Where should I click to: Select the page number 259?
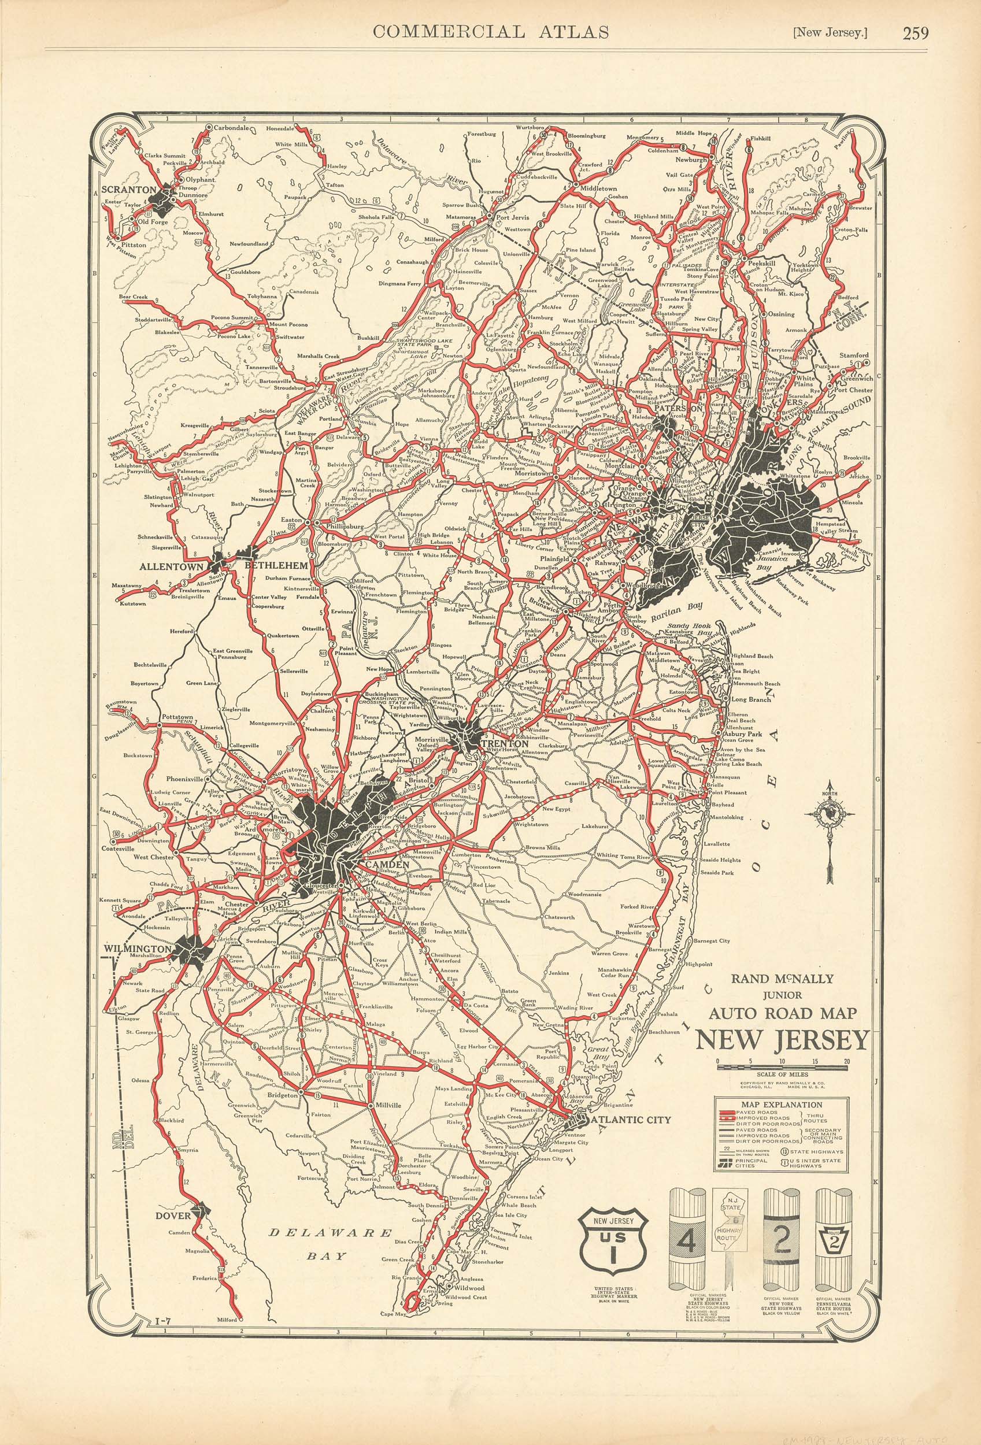click(916, 32)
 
